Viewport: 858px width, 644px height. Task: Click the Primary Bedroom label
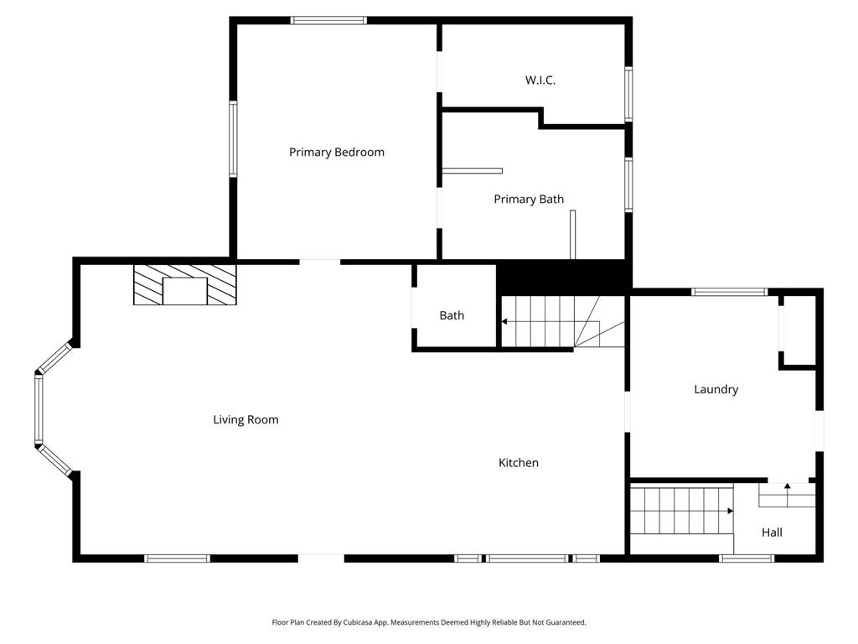click(337, 153)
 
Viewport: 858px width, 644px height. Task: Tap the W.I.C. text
click(540, 80)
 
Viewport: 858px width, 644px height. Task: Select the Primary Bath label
click(529, 200)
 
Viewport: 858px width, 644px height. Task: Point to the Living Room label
click(246, 420)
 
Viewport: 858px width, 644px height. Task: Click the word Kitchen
click(518, 463)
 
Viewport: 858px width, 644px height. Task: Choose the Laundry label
click(716, 389)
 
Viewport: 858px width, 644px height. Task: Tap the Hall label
click(772, 532)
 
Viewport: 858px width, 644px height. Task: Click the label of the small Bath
click(452, 315)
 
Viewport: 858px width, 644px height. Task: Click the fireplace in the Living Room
click(185, 285)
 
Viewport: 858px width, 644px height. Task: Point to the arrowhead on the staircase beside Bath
click(504, 321)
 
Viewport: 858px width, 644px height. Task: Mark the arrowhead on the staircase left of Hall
click(731, 511)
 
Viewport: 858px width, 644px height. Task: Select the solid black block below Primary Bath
click(564, 278)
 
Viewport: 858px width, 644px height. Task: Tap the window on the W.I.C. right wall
click(628, 94)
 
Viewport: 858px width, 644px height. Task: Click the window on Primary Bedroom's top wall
click(328, 21)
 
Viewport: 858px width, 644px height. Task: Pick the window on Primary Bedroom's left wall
click(233, 139)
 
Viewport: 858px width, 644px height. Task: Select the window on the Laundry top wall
click(730, 292)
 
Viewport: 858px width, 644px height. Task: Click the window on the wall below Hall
click(747, 558)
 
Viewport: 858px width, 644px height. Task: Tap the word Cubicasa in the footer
click(357, 623)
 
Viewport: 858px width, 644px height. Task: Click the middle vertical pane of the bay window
click(39, 409)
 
